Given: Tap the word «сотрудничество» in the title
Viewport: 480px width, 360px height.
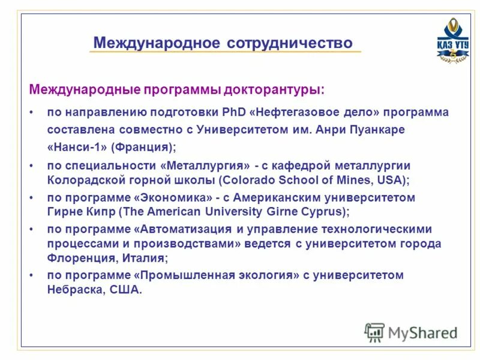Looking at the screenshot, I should point(290,43).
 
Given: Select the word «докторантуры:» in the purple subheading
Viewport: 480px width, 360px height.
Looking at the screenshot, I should point(274,90).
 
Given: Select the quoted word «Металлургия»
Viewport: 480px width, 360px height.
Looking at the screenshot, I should point(205,165).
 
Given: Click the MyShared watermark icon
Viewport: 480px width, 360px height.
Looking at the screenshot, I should point(374,332).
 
